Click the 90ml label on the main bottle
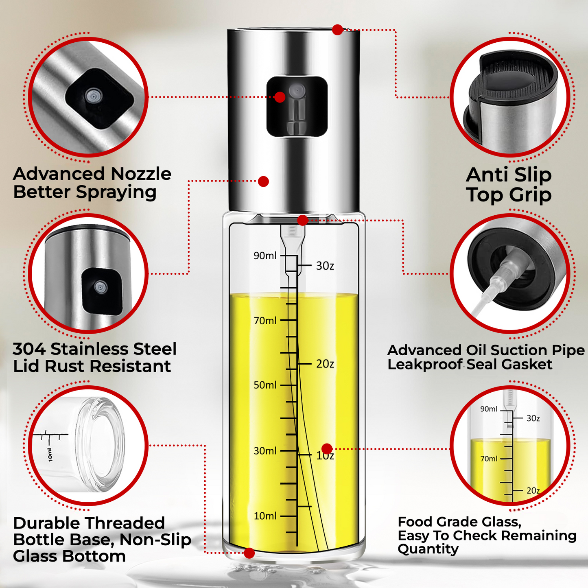pyautogui.click(x=265, y=256)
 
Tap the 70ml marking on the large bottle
pyautogui.click(x=265, y=321)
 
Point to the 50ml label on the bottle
pyautogui.click(x=265, y=385)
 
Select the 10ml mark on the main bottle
pyautogui.click(x=265, y=516)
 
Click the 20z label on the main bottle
pyautogui.click(x=325, y=364)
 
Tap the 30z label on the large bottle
pyautogui.click(x=325, y=266)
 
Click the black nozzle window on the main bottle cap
pyautogui.click(x=297, y=106)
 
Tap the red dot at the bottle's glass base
pyautogui.click(x=249, y=553)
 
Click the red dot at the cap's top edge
pyautogui.click(x=337, y=30)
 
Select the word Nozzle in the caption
pyautogui.click(x=141, y=174)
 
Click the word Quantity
pyautogui.click(x=428, y=550)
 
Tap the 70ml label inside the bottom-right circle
pyautogui.click(x=489, y=459)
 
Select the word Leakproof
pyautogui.click(x=425, y=365)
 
